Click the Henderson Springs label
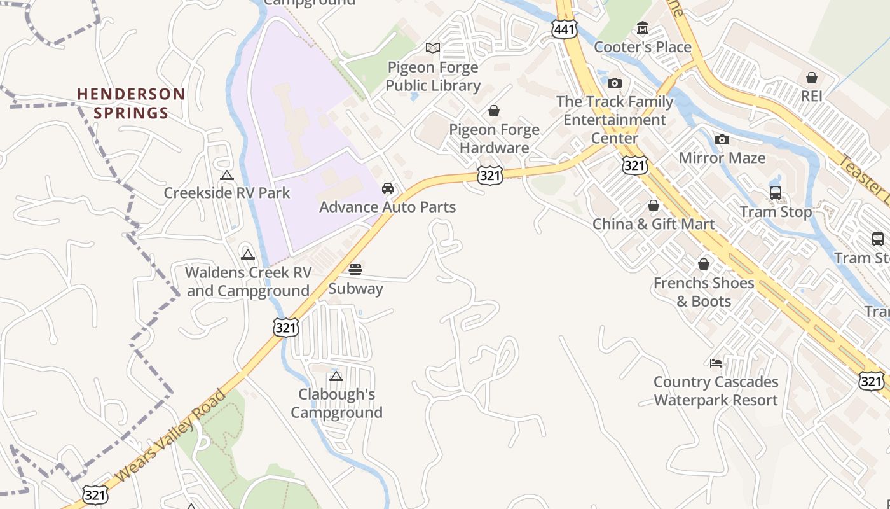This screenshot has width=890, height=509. [131, 104]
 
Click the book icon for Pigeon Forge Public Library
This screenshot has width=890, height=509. [433, 48]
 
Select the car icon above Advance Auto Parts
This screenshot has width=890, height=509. [387, 188]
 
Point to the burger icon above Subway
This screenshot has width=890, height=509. [355, 270]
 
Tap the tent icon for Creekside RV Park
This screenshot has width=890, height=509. [226, 175]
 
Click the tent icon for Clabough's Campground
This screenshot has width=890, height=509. [336, 376]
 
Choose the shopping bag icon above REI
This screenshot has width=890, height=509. [812, 78]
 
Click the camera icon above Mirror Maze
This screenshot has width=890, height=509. [722, 140]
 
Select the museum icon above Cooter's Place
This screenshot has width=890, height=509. [643, 29]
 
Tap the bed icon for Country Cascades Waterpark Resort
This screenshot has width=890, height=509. [716, 363]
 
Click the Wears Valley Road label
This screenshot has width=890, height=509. [171, 436]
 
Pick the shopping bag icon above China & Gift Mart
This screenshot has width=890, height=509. [654, 206]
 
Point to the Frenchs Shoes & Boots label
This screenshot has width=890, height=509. [704, 291]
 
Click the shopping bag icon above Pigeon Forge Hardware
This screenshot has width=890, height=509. [494, 111]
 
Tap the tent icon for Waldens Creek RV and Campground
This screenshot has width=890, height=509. [247, 255]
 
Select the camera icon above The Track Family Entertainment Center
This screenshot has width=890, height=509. [614, 83]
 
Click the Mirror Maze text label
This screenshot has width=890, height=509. [722, 158]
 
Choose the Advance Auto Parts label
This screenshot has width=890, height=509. [387, 207]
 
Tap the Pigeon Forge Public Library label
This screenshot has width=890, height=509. [433, 76]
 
